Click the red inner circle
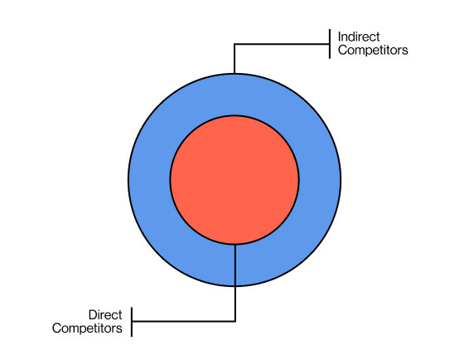(x=234, y=179)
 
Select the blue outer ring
(x=149, y=179)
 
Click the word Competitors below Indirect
(x=373, y=51)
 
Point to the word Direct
(x=105, y=315)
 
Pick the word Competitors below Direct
(x=87, y=328)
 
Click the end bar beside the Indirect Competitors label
(x=331, y=45)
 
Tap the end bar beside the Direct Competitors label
(x=133, y=321)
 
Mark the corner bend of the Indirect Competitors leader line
(x=234, y=45)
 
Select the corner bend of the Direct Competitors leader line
(x=235, y=321)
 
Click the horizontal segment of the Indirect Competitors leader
(x=282, y=45)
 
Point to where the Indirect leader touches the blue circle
(x=234, y=73)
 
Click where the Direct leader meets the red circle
(x=235, y=244)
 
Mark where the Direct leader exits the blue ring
(x=235, y=286)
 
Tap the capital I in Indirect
(x=340, y=37)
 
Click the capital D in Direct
(x=92, y=315)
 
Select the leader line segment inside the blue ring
(x=235, y=265)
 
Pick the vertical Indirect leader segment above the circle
(x=234, y=59)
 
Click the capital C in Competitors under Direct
(x=56, y=328)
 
